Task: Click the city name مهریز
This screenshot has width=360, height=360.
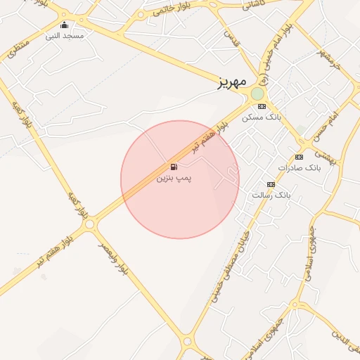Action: [x=231, y=82]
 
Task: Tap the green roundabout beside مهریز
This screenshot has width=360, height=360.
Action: [x=257, y=94]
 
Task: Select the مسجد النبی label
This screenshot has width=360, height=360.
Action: [x=65, y=35]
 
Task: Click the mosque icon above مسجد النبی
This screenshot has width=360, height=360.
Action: [x=65, y=25]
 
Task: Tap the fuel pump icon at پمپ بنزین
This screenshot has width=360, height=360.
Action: [x=173, y=167]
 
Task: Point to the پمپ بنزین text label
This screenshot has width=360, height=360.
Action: [x=174, y=179]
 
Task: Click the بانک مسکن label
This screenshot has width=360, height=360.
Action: [x=262, y=117]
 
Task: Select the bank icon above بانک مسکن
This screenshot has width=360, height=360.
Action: [x=262, y=107]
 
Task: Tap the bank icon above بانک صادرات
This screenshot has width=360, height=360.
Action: [x=299, y=157]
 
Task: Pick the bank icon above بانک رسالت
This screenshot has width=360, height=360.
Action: [x=270, y=184]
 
